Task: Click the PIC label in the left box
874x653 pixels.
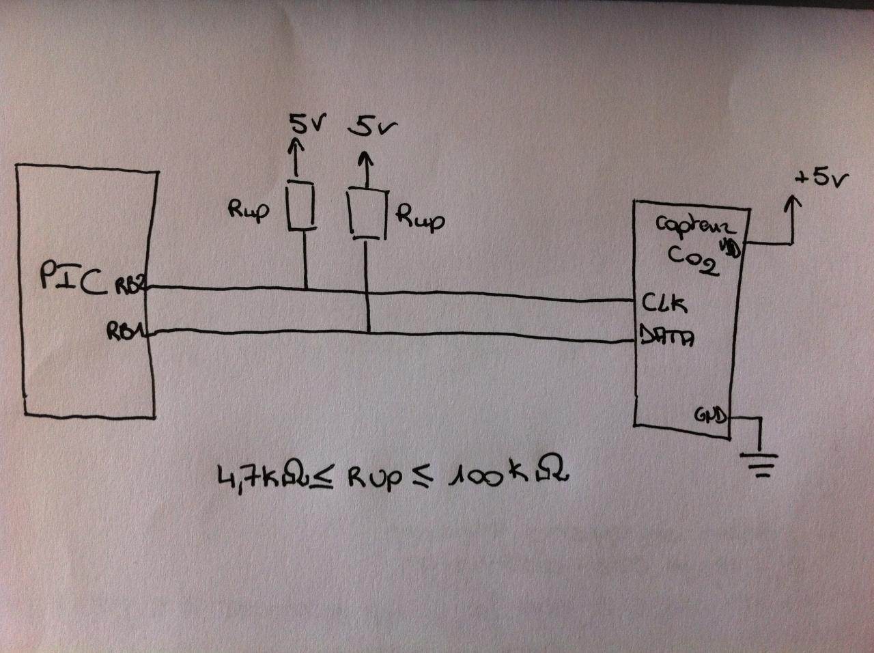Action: pyautogui.click(x=72, y=279)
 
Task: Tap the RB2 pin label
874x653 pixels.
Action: pyautogui.click(x=128, y=286)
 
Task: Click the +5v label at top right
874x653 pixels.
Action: pyautogui.click(x=821, y=178)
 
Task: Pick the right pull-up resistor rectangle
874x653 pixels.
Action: pyautogui.click(x=367, y=212)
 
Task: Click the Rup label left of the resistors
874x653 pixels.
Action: pyautogui.click(x=249, y=210)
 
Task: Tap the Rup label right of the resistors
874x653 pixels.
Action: pyautogui.click(x=421, y=218)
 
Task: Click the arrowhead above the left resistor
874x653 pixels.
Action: pyautogui.click(x=296, y=146)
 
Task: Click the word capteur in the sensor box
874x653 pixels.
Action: pyautogui.click(x=683, y=225)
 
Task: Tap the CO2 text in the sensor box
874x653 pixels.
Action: pyautogui.click(x=691, y=257)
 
